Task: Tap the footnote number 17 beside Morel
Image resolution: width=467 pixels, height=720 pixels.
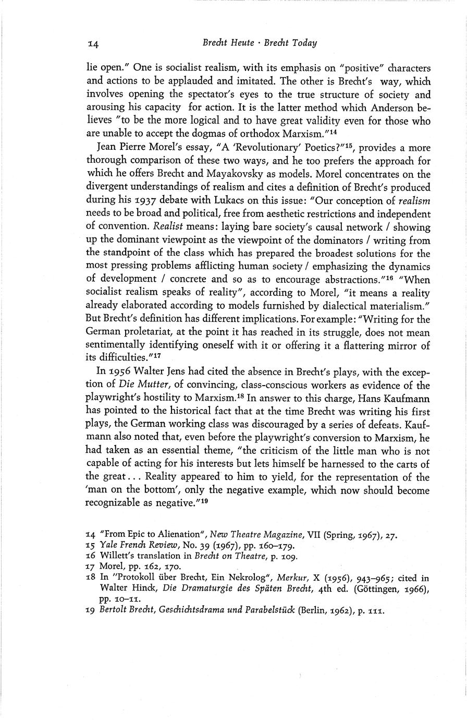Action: (x=90, y=567)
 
